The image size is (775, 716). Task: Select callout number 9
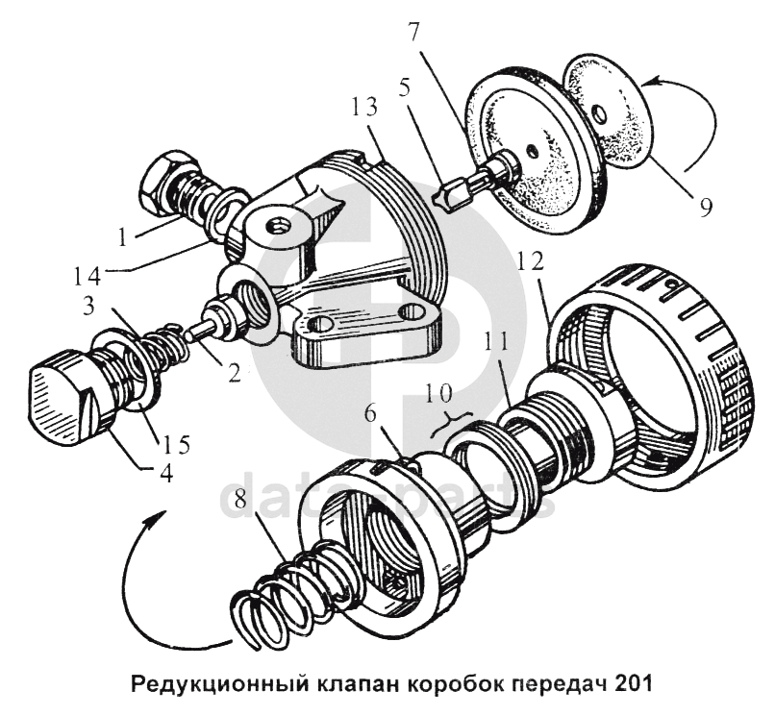coord(706,206)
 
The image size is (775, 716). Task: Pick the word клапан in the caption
coord(360,687)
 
